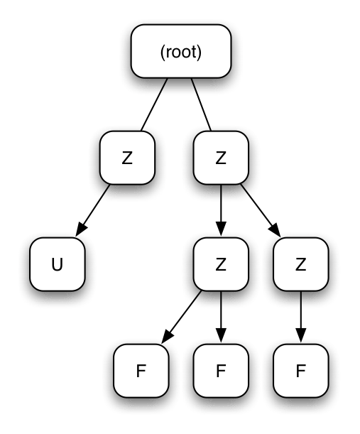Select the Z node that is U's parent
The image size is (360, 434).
pos(127,158)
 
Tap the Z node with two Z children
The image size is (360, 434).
pos(220,158)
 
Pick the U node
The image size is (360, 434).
pos(58,264)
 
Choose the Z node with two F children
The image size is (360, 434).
pos(220,264)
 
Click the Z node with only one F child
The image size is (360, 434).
pos(300,264)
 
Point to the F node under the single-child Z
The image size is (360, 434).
pos(300,370)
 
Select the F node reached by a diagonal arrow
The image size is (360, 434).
pos(141,370)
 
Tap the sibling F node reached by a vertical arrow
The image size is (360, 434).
pos(220,370)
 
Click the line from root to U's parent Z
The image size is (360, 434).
pos(154,104)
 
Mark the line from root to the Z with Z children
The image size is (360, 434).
pos(202,104)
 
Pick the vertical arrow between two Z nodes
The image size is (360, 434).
pos(220,209)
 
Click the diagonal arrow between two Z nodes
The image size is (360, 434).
pos(259,209)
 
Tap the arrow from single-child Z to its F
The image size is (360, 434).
pos(300,315)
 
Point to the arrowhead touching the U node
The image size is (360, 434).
pos(80,230)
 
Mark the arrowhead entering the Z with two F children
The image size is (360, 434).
pos(220,231)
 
